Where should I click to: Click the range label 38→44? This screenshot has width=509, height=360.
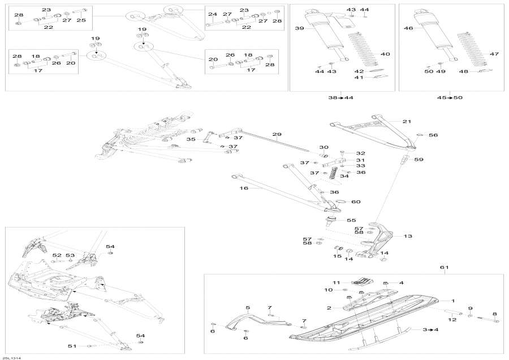[340, 98]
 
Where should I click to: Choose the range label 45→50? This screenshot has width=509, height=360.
[450, 98]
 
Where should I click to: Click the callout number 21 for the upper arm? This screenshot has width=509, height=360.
[408, 122]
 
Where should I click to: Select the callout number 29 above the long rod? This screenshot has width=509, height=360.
[277, 134]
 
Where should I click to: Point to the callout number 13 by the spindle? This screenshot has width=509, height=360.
[408, 237]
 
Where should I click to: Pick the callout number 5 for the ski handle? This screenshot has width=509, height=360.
[247, 307]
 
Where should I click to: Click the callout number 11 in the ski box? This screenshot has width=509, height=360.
[335, 282]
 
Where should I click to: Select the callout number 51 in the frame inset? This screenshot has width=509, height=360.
[72, 346]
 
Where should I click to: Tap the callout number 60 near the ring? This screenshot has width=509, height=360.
[356, 202]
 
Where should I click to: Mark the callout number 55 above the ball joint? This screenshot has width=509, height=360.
[351, 220]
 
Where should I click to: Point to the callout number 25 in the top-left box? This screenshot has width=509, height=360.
[81, 20]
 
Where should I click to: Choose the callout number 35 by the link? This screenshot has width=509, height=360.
[191, 139]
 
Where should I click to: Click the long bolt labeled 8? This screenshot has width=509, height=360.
[488, 320]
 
